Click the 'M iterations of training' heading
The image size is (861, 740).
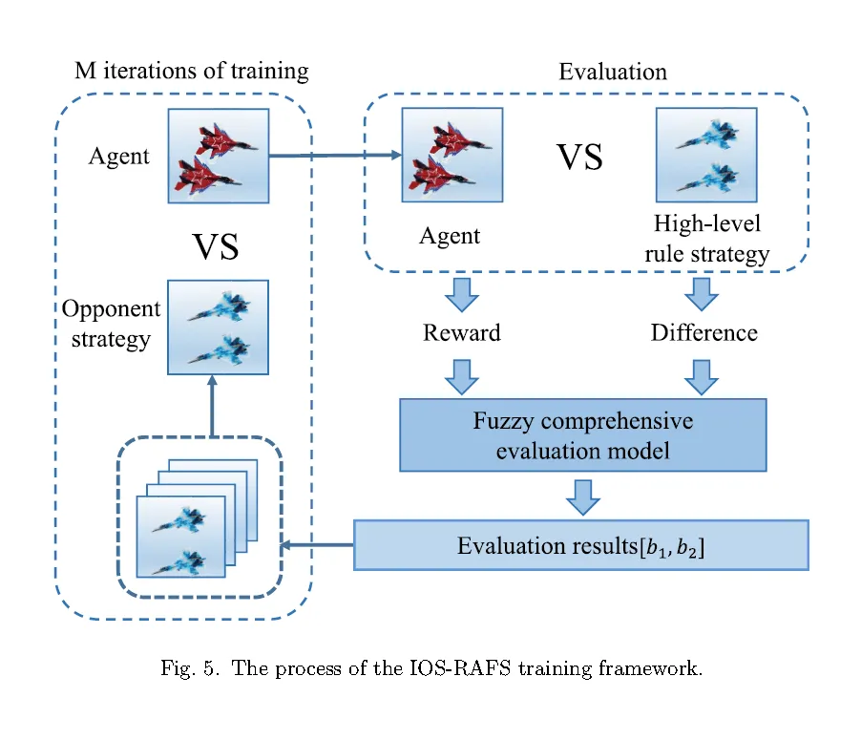point(192,72)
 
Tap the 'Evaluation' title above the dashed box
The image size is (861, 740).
point(613,72)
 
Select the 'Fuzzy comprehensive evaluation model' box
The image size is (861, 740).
point(582,435)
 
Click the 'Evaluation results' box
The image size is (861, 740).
point(581,545)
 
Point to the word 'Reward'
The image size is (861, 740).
point(461,332)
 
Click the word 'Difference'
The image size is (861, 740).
point(703,332)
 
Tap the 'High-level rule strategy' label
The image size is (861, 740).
point(707,239)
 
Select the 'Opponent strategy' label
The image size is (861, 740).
point(111,324)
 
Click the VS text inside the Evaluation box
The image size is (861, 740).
point(579,158)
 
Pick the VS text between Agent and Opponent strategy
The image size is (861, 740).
point(216,246)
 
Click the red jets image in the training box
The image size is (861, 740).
point(219,156)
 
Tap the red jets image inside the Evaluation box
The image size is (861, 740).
point(452,155)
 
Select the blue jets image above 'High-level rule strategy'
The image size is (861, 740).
point(706,155)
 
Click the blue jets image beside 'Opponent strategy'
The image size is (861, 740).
point(218,328)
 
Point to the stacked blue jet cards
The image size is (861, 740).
point(197,518)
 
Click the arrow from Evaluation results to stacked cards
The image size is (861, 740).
point(317,545)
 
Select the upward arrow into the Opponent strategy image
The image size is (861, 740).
point(213,406)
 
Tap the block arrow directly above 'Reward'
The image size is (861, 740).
point(462,295)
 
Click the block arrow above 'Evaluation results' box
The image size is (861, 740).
point(582,497)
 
